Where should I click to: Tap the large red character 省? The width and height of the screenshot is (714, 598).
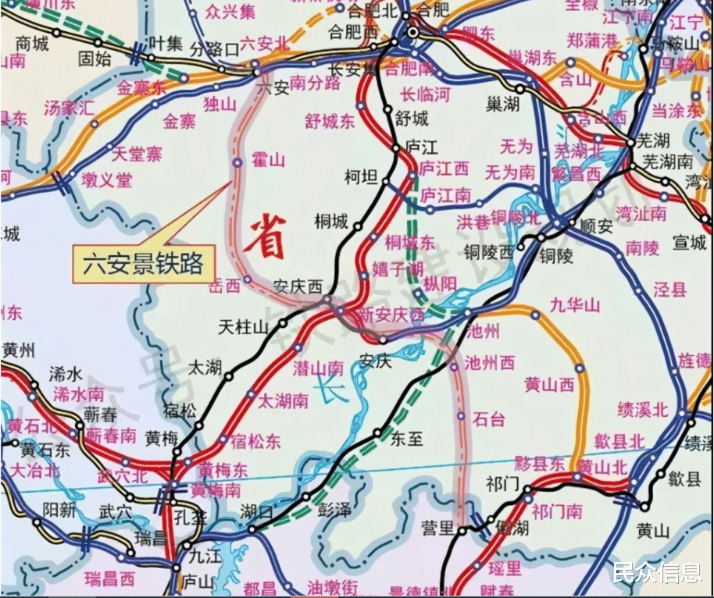[x=263, y=235]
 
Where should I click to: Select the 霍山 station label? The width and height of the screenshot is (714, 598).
[x=268, y=162]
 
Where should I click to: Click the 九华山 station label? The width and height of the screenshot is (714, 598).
[x=574, y=304]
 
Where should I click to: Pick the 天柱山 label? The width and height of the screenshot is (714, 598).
[x=243, y=326]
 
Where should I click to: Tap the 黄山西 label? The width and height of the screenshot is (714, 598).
[x=549, y=384]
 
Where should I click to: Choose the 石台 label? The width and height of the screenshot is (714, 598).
[x=489, y=419]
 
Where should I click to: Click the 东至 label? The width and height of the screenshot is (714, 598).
[x=405, y=439]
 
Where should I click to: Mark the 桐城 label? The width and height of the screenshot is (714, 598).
[x=330, y=222]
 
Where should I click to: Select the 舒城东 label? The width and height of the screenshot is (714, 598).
[x=330, y=120]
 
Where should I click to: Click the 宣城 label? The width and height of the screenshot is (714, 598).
[x=690, y=244]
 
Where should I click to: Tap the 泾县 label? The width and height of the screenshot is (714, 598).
[x=669, y=290]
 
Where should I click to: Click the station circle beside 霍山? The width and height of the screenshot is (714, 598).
[x=237, y=162]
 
